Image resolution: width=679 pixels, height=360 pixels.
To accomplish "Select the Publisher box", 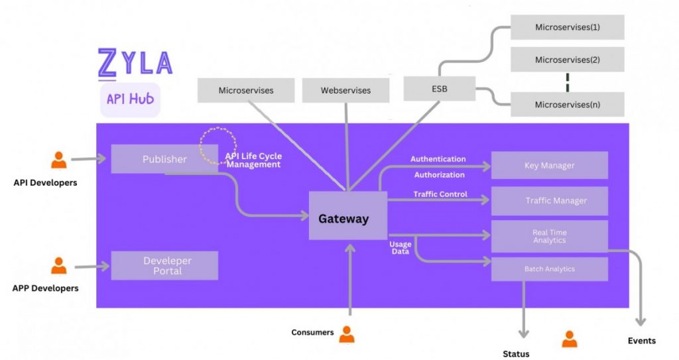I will pyautogui.click(x=164, y=159).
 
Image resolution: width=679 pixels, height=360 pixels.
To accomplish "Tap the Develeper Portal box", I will pyautogui.click(x=164, y=265).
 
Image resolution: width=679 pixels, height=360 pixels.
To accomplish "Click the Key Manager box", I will pyautogui.click(x=549, y=165).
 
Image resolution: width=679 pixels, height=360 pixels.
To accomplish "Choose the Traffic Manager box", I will pyautogui.click(x=549, y=201).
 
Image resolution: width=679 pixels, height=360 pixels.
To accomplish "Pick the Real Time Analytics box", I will pyautogui.click(x=549, y=236).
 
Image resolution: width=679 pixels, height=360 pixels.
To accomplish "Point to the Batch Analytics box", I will pyautogui.click(x=549, y=269).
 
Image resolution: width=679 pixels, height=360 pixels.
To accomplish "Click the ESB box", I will pyautogui.click(x=439, y=88).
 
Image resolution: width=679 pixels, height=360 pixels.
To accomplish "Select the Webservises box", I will pyautogui.click(x=345, y=90).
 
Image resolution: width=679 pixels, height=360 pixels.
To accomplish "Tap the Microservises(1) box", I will pyautogui.click(x=567, y=27).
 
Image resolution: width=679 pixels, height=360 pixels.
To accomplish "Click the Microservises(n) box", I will pyautogui.click(x=567, y=104).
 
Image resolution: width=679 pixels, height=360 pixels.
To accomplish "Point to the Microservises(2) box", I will pyautogui.click(x=567, y=60).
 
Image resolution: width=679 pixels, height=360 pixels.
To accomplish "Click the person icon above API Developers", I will pyautogui.click(x=59, y=160).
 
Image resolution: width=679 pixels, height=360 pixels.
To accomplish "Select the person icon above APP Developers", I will pyautogui.click(x=59, y=266).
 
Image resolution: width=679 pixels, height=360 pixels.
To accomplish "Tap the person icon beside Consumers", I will pyautogui.click(x=346, y=334).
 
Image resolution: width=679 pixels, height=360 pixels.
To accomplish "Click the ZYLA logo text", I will pyautogui.click(x=135, y=63).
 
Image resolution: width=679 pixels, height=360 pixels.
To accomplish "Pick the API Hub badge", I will pyautogui.click(x=130, y=99).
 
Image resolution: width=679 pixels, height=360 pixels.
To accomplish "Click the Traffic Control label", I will pyautogui.click(x=440, y=194).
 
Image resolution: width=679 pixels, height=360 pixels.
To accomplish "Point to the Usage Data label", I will pyautogui.click(x=401, y=248).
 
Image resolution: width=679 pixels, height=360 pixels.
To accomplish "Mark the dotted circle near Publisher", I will pyautogui.click(x=218, y=145).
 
